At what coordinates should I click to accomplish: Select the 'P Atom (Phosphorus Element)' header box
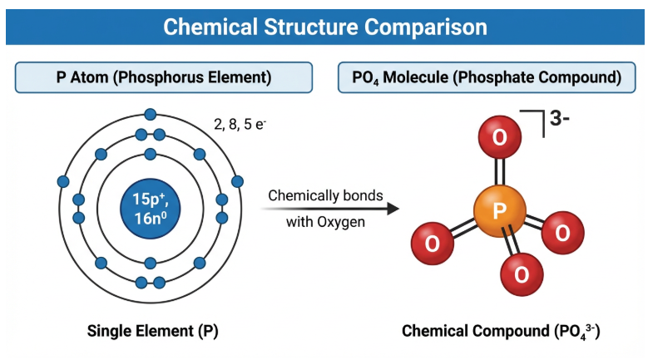point(163,78)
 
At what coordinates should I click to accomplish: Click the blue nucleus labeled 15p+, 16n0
point(151,209)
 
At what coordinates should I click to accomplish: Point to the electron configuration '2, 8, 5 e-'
point(240,125)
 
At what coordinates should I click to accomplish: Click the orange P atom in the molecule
point(499,211)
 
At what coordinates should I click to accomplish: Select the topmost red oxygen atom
point(499,137)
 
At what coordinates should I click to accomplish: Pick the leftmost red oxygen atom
point(433,243)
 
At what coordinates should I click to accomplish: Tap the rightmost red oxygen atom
point(562,233)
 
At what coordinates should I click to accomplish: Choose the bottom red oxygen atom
point(522,272)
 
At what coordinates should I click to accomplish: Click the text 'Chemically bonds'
point(325,196)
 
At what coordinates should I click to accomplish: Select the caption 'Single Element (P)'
point(152,331)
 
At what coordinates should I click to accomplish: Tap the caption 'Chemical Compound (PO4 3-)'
point(501,331)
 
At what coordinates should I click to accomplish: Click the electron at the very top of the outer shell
point(151,114)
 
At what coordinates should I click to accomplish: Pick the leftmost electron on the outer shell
point(62,181)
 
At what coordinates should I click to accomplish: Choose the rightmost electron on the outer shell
point(238,181)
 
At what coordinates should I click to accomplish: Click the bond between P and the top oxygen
point(499,172)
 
